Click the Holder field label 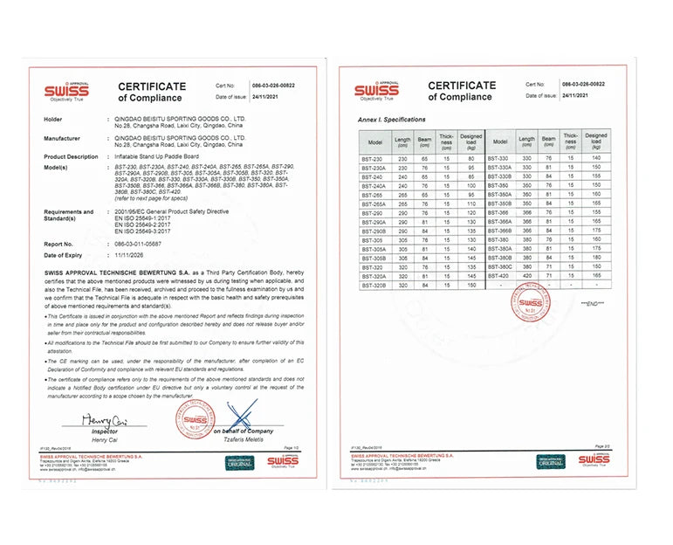coord(53,117)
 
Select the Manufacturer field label coord(62,138)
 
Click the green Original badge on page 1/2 coord(238,460)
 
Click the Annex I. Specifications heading coord(392,119)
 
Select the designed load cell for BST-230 coord(471,157)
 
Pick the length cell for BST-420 coord(526,276)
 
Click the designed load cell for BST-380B coord(596,258)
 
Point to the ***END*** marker coord(592,302)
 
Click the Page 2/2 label coord(601,446)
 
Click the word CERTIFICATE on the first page coord(152,86)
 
